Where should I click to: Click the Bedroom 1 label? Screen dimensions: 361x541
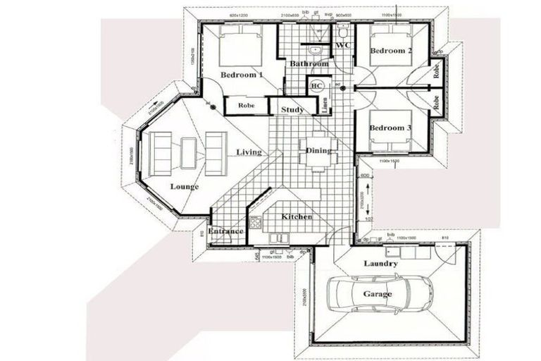242,75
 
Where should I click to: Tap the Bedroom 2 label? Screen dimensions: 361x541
390,51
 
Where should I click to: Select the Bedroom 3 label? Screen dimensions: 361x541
390,128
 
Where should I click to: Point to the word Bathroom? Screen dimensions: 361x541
309,64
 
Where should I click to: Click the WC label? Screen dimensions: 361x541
344,46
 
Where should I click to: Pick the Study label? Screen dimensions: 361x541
292,109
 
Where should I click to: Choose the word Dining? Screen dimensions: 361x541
319,150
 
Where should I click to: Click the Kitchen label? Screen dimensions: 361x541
297,216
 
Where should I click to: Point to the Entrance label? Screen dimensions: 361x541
225,231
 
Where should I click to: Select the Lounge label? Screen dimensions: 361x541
185,187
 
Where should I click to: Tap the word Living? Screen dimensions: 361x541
249,152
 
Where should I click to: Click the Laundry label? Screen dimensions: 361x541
380,264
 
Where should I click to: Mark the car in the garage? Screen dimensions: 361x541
381,293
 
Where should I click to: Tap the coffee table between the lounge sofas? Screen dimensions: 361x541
188,152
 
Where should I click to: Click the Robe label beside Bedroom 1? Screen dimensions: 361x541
246,106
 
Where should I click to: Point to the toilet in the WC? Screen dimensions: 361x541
343,32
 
